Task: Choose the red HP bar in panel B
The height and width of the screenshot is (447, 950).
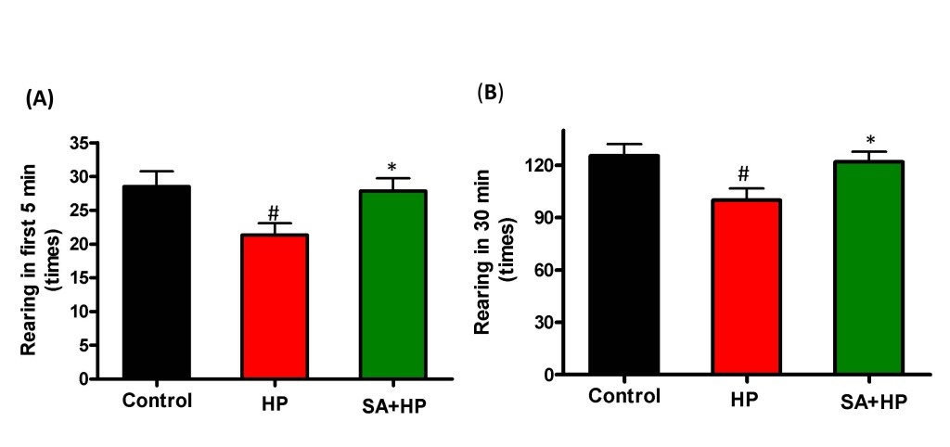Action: [x=746, y=287]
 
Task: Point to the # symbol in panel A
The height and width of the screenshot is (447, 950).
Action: [x=273, y=212]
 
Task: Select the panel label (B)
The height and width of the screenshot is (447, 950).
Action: [x=490, y=93]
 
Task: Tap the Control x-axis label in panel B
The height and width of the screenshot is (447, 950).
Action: [x=623, y=397]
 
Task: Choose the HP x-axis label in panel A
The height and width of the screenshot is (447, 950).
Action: [x=274, y=402]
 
